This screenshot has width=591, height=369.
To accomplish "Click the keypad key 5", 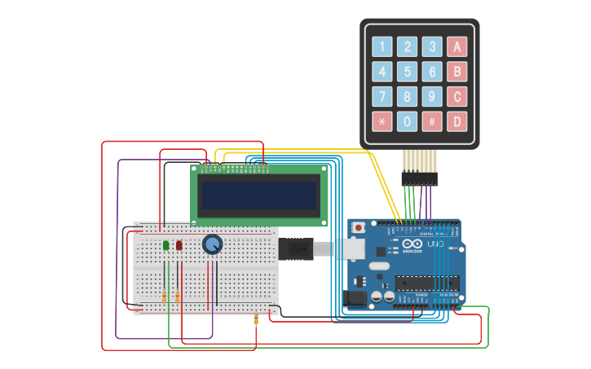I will point(407,72).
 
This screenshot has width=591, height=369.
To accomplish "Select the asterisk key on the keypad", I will point(382,121).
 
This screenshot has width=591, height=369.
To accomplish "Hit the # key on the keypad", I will point(432,121).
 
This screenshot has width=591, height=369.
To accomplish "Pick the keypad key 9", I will point(432,97).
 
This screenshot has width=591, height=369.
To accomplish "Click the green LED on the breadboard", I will point(166,245).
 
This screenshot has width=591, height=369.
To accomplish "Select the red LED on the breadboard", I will point(179,245).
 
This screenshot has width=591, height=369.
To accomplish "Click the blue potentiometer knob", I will point(212,244).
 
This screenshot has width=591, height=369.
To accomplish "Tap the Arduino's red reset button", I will point(359,228).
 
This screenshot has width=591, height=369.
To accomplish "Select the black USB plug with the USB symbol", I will point(295,248).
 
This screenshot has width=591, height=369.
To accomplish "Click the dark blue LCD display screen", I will point(258,195).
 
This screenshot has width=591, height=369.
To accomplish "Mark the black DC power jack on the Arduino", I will point(356,298).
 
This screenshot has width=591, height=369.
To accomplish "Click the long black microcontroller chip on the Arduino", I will point(426,283).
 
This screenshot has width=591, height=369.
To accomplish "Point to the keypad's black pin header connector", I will point(419,178).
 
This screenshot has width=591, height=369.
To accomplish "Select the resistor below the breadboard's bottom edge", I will point(256,319).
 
